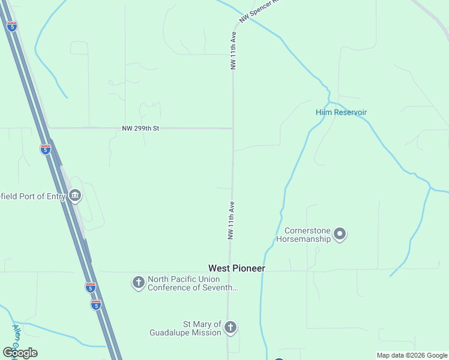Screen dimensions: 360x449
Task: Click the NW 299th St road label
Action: click(140, 128)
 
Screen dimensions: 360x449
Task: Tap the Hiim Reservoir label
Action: click(341, 112)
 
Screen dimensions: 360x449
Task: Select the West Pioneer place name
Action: click(237, 268)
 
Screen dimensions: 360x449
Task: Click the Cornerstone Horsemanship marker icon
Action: click(340, 234)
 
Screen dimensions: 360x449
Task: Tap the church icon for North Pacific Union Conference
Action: click(138, 283)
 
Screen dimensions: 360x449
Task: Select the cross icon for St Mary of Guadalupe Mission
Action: click(231, 328)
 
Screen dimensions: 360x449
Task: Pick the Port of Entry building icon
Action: click(75, 195)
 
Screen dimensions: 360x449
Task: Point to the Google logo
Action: click(20, 353)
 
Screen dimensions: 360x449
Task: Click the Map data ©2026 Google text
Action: click(412, 355)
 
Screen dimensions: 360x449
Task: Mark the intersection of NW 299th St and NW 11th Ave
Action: click(233, 128)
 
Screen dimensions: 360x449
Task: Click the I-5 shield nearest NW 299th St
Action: click(46, 149)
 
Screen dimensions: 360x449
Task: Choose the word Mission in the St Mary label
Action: click(207, 332)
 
